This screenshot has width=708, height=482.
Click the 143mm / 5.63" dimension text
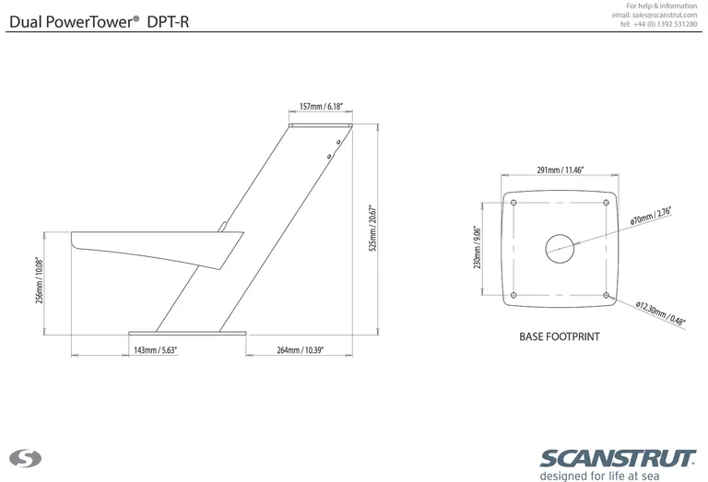pos(155,351)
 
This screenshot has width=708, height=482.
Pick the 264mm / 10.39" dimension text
pos(301,351)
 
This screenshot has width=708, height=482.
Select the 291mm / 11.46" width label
pos(559,170)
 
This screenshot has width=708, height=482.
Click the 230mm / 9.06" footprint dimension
pos(477,248)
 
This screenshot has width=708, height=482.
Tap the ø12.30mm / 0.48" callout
pos(661,313)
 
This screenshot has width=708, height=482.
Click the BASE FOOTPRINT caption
pos(559,337)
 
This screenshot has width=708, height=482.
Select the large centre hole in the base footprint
pos(559,246)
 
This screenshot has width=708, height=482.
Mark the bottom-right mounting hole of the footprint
pos(605,294)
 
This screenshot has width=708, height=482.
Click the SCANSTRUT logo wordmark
pos(617,458)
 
